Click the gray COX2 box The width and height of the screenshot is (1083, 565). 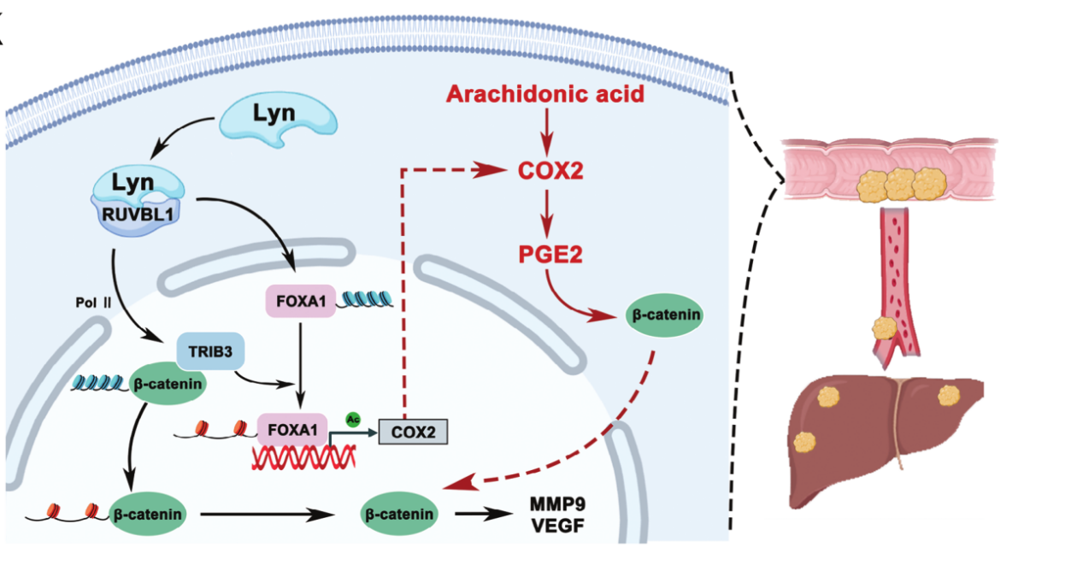tap(414, 432)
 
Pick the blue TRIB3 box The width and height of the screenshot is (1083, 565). tap(204, 350)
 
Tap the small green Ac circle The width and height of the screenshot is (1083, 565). tap(351, 419)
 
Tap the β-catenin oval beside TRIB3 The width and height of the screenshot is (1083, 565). tap(166, 384)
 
